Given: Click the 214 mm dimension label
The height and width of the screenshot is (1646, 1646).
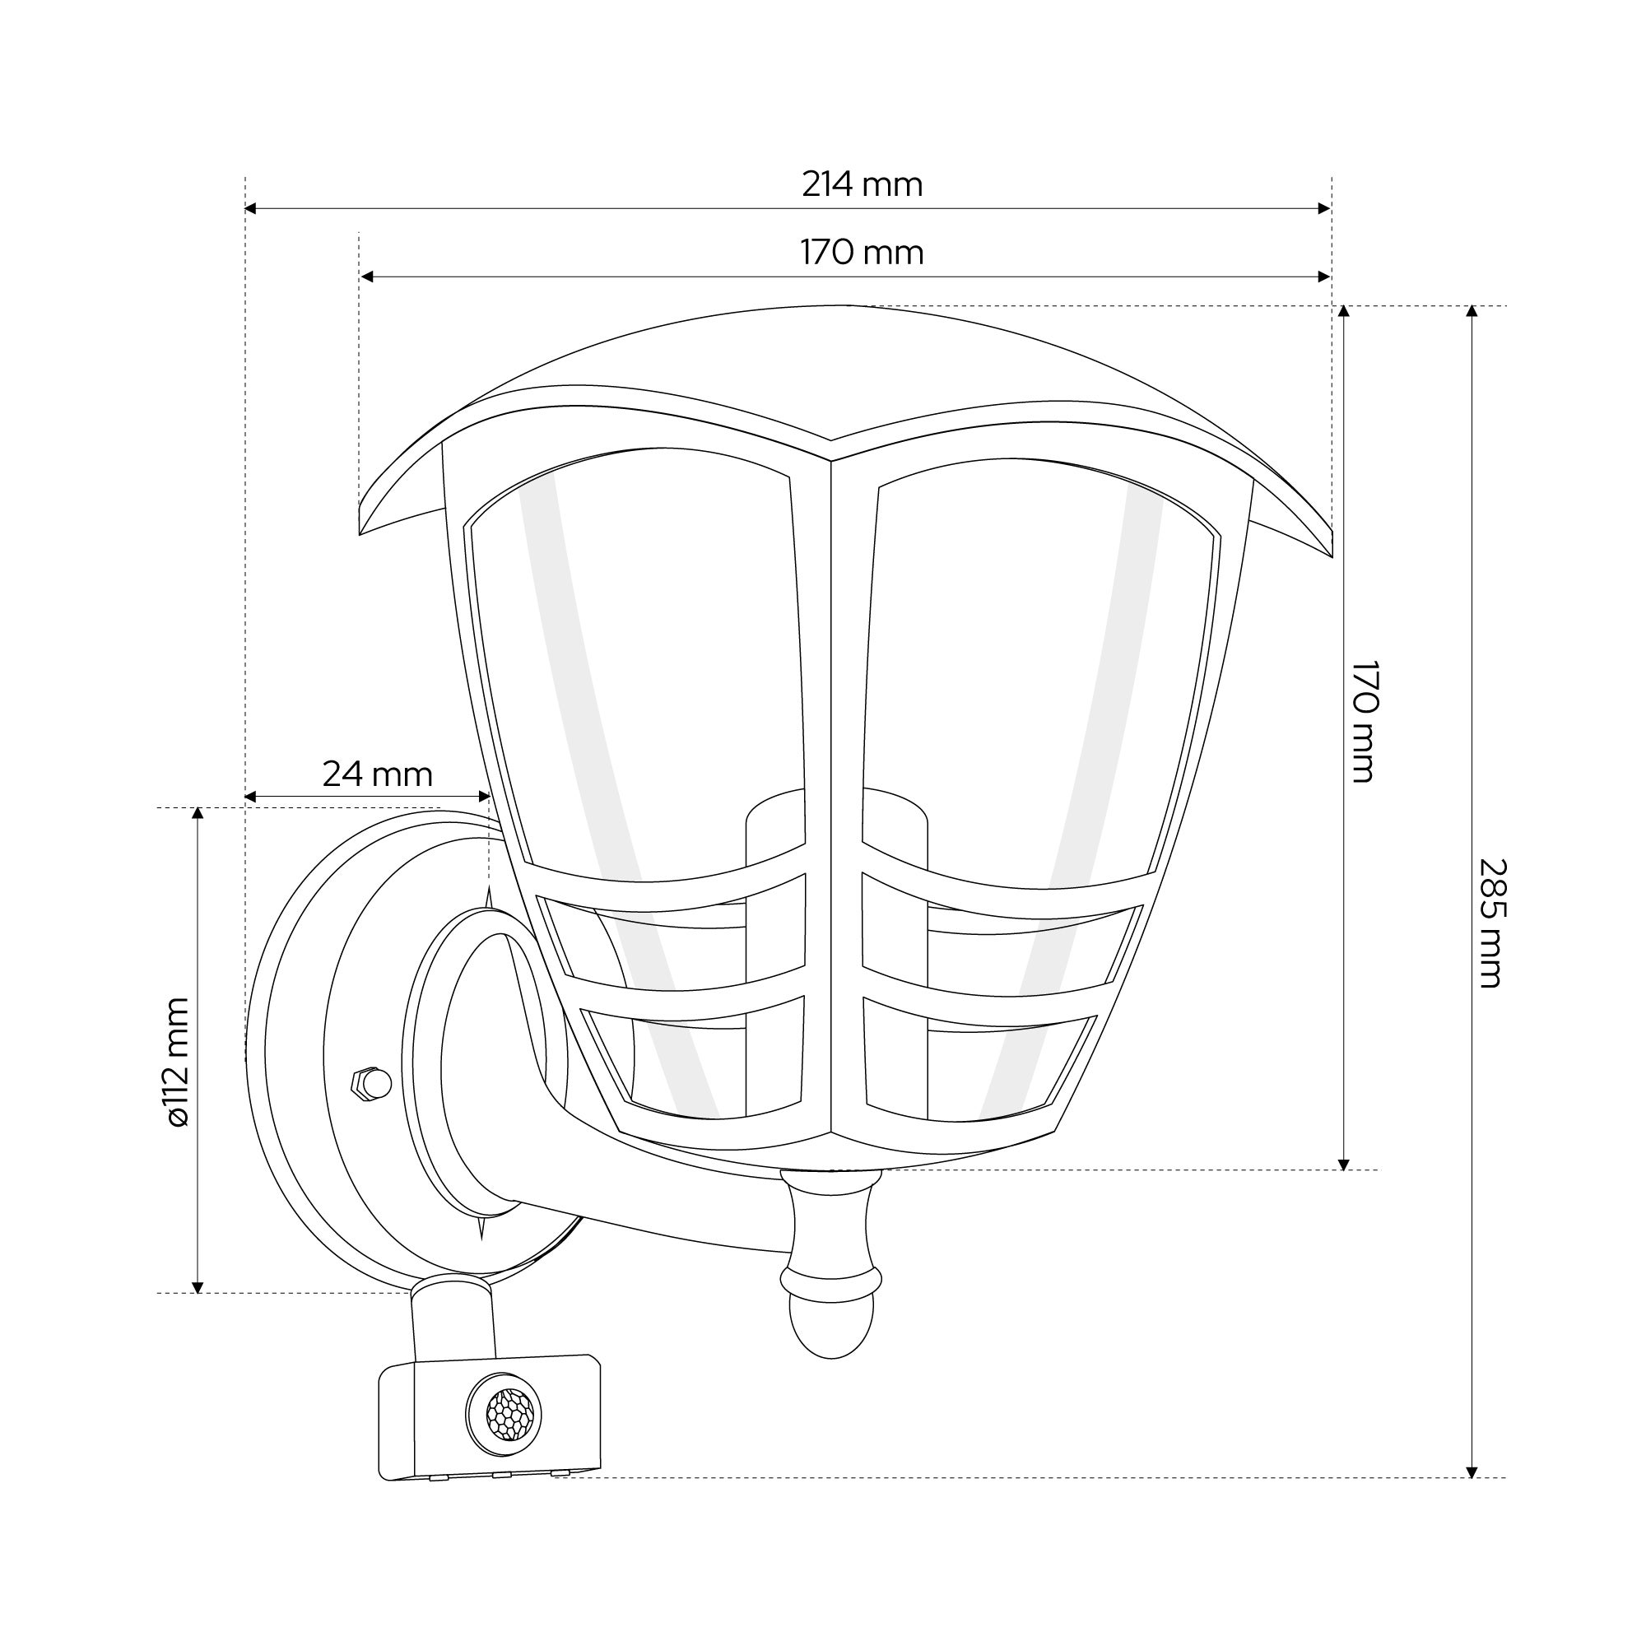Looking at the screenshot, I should (x=862, y=185).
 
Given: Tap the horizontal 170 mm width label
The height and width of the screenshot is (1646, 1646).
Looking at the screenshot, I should (x=862, y=253).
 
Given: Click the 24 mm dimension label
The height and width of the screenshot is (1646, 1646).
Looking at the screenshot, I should (x=378, y=774).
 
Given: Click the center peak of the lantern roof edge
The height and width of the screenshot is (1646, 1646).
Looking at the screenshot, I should (x=830, y=441).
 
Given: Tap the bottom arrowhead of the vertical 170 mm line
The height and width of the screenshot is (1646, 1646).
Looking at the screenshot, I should (x=1344, y=1164).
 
